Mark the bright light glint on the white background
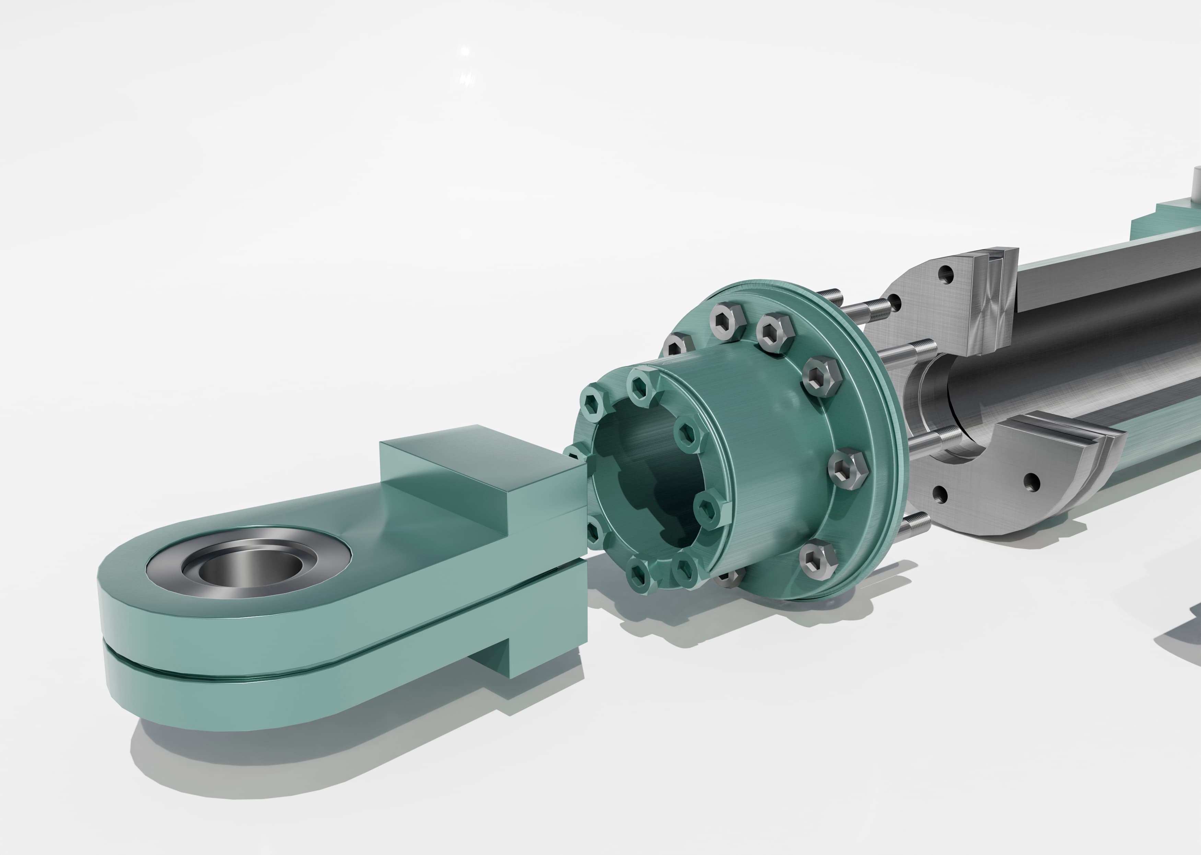(x=465, y=51)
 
